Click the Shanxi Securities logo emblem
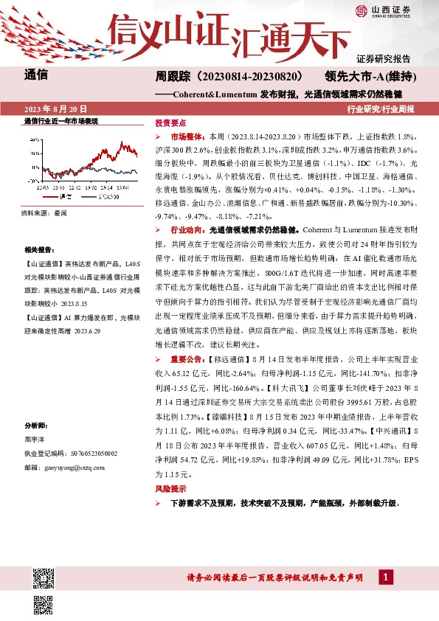(x=362, y=10)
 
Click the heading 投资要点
(x=170, y=122)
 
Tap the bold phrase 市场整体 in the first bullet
(x=184, y=137)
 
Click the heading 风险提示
(x=170, y=488)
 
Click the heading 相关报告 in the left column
(x=36, y=250)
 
